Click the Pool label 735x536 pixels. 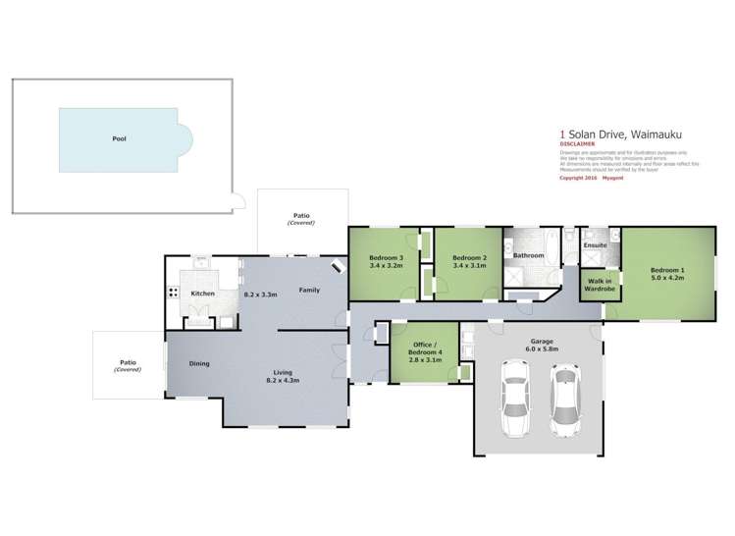coord(119,139)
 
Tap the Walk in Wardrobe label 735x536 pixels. coord(601,287)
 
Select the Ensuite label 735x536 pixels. coord(595,244)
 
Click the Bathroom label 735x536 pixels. coord(529,255)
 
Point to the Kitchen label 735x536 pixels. coord(202,294)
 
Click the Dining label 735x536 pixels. coord(199,364)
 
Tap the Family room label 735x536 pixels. coord(309,290)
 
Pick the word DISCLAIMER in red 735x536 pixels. coord(577,143)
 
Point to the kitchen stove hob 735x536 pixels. coord(174,293)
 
